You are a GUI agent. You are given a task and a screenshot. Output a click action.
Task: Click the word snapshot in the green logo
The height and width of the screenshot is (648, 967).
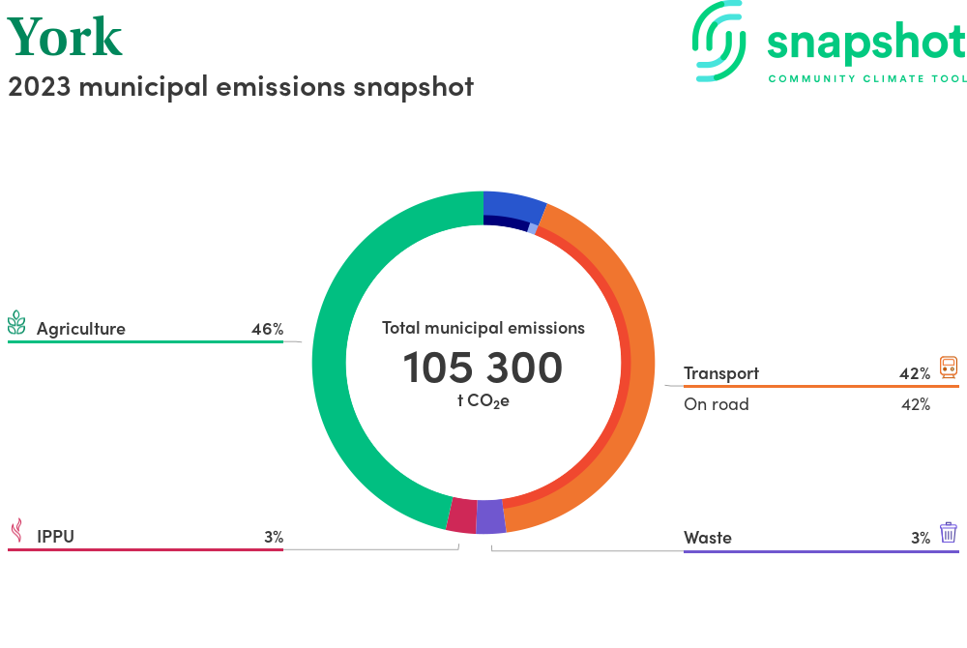point(865,44)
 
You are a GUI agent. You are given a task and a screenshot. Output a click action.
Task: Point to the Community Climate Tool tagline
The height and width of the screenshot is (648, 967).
point(866,78)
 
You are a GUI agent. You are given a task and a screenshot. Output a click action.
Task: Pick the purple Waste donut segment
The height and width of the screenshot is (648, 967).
point(491,516)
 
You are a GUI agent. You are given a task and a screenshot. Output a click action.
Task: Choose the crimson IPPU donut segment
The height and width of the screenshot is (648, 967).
point(462,515)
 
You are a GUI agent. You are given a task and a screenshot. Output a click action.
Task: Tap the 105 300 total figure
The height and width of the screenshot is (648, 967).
point(483,368)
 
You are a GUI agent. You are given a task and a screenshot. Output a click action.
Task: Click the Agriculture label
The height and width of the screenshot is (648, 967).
point(81,329)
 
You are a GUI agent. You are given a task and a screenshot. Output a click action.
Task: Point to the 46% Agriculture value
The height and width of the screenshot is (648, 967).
point(267,329)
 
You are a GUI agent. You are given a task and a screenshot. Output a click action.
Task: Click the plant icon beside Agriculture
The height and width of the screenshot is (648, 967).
point(16,323)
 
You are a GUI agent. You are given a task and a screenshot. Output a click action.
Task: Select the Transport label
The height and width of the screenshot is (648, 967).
point(721,373)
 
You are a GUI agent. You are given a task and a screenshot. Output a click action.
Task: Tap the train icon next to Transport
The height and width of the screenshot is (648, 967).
point(949,368)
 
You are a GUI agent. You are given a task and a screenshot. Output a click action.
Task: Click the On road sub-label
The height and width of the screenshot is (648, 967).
point(717,404)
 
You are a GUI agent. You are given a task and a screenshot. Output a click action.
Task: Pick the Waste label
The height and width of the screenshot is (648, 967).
point(708,538)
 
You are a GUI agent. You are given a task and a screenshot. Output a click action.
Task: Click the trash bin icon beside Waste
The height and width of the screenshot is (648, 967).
point(949,532)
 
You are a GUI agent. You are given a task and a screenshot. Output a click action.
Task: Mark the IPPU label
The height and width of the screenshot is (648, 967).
point(55,537)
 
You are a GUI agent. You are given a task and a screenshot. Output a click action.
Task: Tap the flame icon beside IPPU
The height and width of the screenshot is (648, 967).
point(16,531)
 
